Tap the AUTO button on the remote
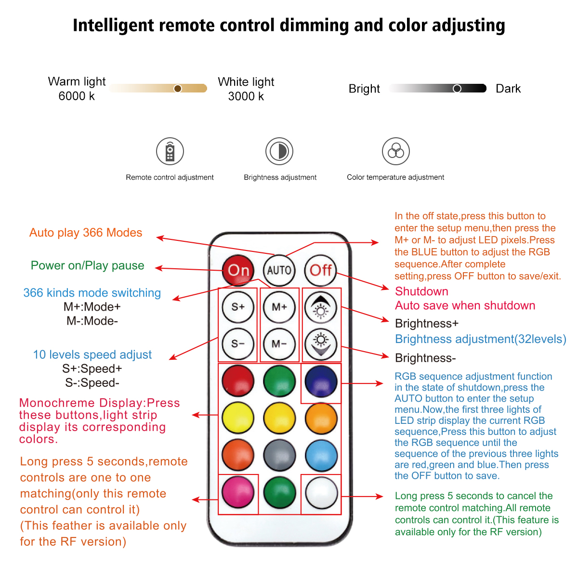279,270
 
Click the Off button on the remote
321,270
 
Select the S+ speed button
238,307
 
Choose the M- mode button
279,344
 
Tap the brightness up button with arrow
321,307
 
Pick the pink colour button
238,492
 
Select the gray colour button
279,455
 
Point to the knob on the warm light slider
178,88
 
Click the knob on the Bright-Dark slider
457,88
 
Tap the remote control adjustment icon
170,151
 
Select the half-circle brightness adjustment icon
279,151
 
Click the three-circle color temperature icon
396,151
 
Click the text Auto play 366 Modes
86,233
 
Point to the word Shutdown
421,291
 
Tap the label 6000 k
77,96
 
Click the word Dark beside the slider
508,89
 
